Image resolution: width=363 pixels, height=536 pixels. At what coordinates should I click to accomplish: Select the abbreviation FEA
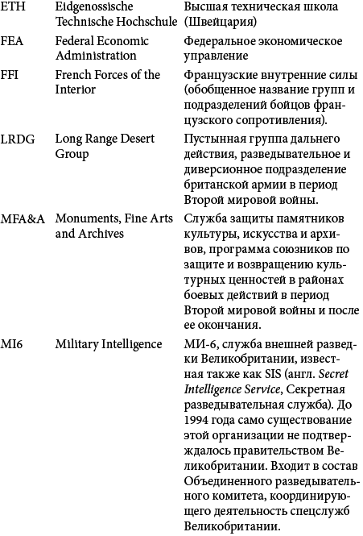(x=13, y=41)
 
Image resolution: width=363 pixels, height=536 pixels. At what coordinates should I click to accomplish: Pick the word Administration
(x=96, y=56)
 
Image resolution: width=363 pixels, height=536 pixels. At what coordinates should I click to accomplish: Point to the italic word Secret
(x=334, y=376)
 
